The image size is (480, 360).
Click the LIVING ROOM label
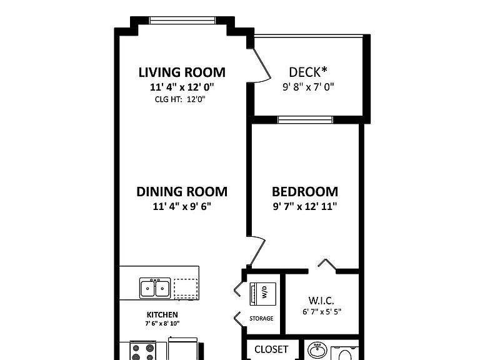click(182, 72)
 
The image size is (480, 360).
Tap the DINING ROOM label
click(182, 192)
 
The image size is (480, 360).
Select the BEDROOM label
click(305, 192)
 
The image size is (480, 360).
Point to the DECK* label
click(308, 72)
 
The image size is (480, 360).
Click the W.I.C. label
click(321, 300)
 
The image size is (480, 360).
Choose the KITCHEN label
click(162, 315)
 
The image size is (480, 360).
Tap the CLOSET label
click(271, 349)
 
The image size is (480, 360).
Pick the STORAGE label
click(261, 318)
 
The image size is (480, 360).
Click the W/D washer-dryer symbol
click(263, 294)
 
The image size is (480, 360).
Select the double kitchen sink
click(155, 288)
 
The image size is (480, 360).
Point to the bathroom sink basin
click(317, 350)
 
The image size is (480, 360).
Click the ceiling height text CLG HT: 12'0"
click(180, 99)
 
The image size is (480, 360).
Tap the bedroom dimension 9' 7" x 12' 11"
click(305, 206)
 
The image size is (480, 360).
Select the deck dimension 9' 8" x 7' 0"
click(308, 87)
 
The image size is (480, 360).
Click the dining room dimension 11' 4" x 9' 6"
click(182, 206)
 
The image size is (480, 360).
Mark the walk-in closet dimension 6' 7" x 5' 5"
click(322, 312)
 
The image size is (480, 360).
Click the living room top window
click(182, 20)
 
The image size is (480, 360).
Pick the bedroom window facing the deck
click(306, 120)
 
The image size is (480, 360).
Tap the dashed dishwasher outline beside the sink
click(186, 289)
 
